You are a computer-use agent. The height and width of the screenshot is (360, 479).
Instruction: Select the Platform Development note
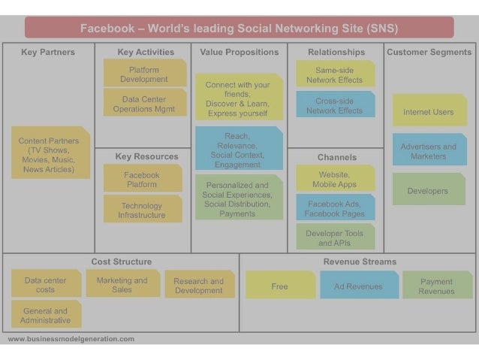[144, 74]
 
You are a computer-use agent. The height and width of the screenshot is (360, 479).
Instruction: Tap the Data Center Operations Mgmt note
[144, 104]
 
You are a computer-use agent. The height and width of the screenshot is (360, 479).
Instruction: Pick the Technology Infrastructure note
[142, 210]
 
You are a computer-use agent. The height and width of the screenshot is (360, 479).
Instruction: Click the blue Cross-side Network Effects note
[334, 105]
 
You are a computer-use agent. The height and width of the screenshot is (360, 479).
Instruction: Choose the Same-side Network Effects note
[334, 74]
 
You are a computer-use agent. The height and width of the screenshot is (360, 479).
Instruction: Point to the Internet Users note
[429, 111]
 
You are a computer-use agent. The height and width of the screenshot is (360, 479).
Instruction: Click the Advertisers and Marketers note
[429, 151]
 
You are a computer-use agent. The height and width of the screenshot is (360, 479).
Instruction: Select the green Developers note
[428, 191]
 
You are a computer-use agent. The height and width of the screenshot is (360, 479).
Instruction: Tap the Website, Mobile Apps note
[335, 179]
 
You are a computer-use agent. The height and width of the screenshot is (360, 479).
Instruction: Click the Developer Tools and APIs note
[335, 237]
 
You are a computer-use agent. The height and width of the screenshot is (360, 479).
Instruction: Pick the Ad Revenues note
[359, 286]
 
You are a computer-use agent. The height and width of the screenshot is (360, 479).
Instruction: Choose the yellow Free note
[280, 286]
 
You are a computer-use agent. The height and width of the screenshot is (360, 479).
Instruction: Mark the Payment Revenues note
[437, 286]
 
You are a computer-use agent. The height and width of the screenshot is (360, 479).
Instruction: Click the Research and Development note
[199, 286]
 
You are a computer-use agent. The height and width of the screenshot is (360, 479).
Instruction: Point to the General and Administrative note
[46, 315]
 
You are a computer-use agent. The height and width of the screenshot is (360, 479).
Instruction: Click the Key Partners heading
[48, 53]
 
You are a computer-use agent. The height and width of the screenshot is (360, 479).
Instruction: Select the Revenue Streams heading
[360, 262]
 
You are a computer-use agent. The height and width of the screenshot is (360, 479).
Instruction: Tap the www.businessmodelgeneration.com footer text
[71, 339]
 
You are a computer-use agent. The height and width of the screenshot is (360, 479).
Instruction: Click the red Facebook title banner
[239, 29]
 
